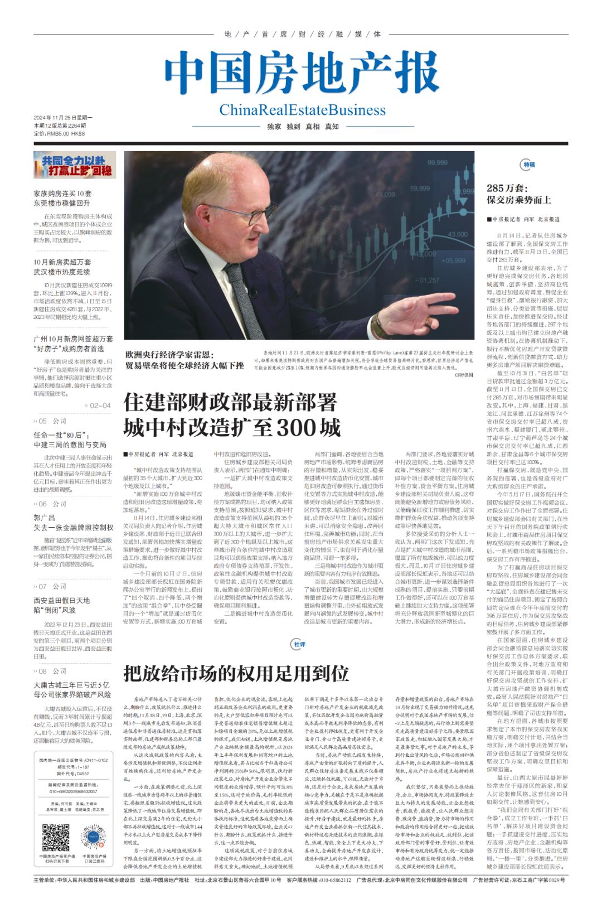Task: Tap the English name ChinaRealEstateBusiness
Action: pyautogui.click(x=302, y=109)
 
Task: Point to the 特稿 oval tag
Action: pyautogui.click(x=528, y=165)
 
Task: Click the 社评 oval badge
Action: pyautogui.click(x=299, y=644)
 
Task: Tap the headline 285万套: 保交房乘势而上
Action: pyautogui.click(x=519, y=194)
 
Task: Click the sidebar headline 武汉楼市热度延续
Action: pyautogui.click(x=61, y=272)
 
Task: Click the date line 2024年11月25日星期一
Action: pyautogui.click(x=63, y=118)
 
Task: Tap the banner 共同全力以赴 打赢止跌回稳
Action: pyautogui.click(x=75, y=165)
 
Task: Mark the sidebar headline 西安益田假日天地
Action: pyautogui.click(x=61, y=600)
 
